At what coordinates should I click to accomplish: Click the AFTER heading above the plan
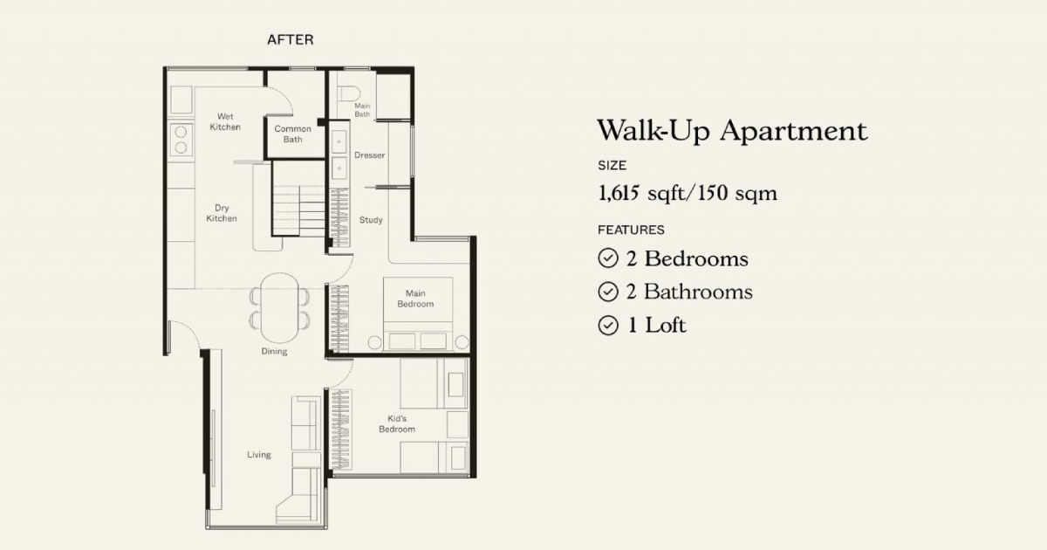(x=291, y=40)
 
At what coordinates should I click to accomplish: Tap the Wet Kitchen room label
(x=225, y=121)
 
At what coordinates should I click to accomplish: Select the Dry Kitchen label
(x=222, y=213)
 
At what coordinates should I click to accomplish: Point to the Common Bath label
(x=292, y=134)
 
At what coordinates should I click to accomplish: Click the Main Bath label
(x=362, y=110)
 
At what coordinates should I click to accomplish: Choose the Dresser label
(x=369, y=155)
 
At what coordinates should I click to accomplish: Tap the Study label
(x=371, y=220)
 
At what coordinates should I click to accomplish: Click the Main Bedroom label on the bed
(x=415, y=299)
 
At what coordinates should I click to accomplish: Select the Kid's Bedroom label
(x=397, y=424)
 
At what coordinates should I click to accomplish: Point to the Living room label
(x=259, y=455)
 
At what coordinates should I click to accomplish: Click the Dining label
(x=274, y=351)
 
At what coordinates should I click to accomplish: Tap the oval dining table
(x=279, y=307)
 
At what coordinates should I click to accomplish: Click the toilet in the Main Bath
(x=349, y=93)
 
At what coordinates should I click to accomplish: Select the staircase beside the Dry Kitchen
(x=298, y=210)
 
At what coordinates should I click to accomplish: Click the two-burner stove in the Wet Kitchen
(x=181, y=140)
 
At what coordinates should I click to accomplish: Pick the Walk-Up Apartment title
(x=732, y=130)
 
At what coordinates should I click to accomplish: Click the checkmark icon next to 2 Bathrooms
(x=608, y=292)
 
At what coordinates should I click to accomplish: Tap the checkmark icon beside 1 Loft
(x=608, y=326)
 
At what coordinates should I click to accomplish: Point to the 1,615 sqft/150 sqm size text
(x=688, y=193)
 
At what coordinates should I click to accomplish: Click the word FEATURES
(x=631, y=230)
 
